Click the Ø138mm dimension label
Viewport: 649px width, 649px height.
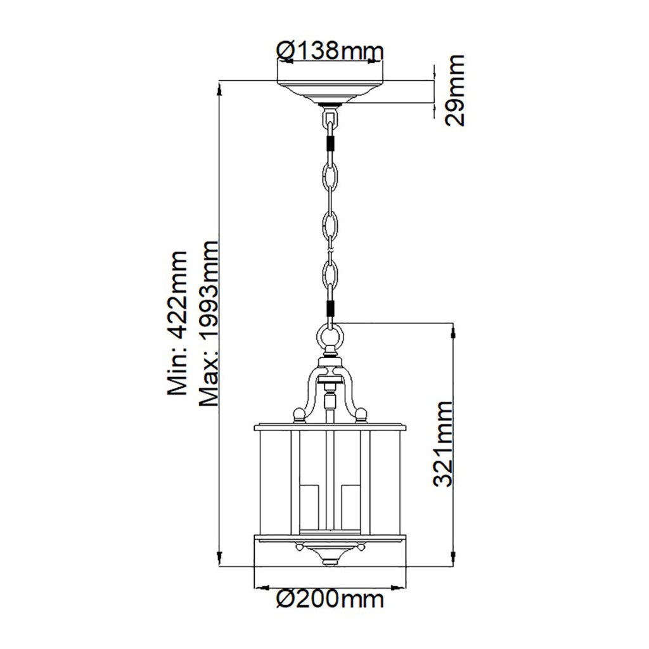(330, 51)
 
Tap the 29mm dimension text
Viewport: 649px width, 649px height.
(454, 91)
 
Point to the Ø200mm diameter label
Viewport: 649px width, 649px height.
(330, 599)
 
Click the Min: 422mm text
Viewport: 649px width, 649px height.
(177, 323)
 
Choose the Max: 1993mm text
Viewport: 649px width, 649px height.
(208, 323)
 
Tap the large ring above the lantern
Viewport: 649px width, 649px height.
(330, 335)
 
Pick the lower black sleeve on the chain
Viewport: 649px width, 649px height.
(330, 308)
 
